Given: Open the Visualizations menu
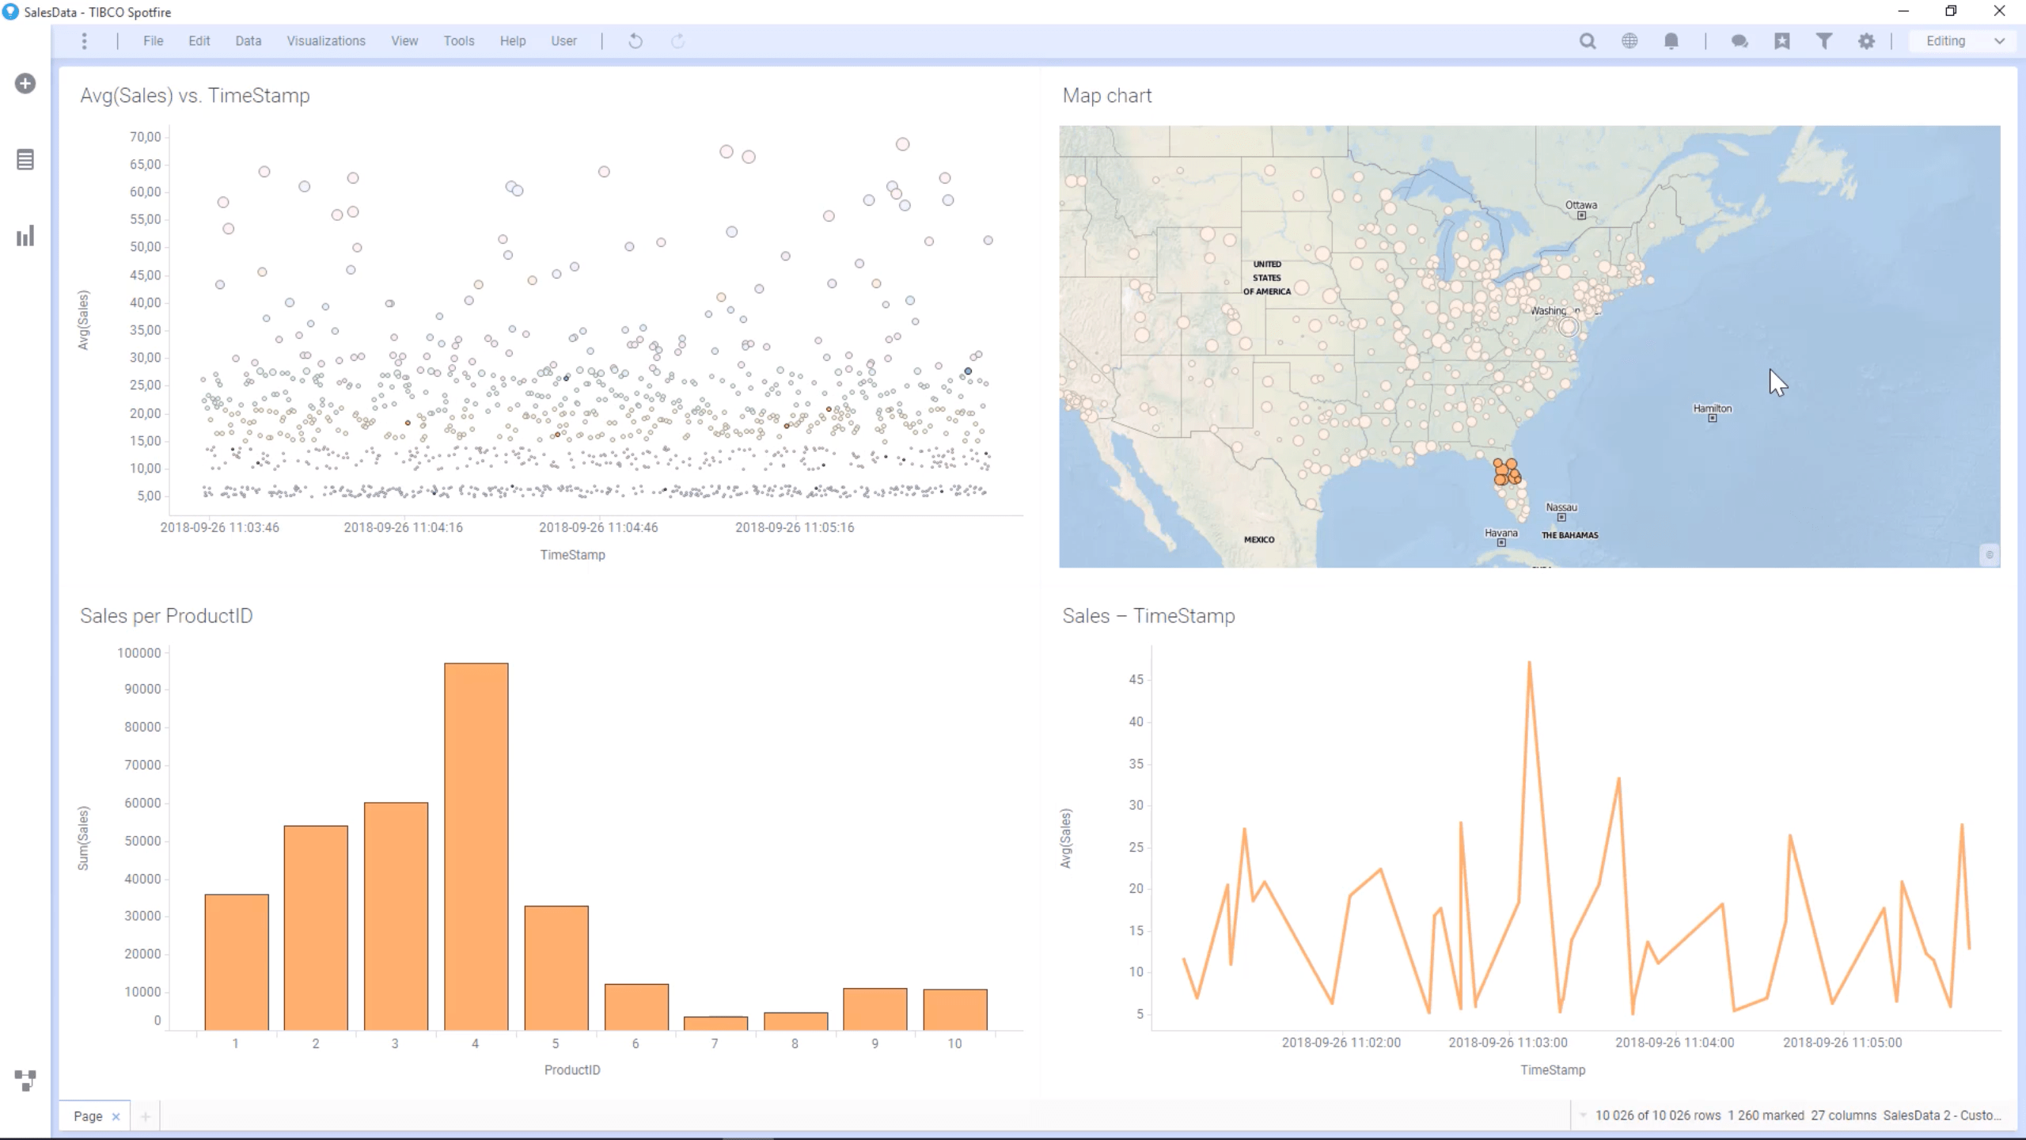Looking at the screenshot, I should (325, 41).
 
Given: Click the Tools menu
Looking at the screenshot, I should (458, 41).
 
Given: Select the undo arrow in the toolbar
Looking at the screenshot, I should (635, 41).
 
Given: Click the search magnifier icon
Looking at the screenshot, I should (1587, 41).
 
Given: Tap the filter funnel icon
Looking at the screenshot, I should (1823, 41).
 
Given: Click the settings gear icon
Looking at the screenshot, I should (1866, 41).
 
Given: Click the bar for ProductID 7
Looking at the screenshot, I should (715, 1023).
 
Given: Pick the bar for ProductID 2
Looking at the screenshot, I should (316, 927).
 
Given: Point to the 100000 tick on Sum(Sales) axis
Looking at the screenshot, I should (139, 653).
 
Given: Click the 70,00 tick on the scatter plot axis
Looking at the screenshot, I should (145, 137).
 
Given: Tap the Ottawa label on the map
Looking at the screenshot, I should (1580, 205).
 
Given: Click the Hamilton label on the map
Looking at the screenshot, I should (1712, 408).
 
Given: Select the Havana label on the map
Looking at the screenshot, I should (1501, 533).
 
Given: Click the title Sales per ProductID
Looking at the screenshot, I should (166, 616).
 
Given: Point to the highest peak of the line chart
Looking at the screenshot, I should (1529, 663).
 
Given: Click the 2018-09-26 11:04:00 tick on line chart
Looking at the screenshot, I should (1674, 1043).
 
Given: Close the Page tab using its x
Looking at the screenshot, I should (116, 1116).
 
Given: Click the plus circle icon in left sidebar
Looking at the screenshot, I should (25, 83).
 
